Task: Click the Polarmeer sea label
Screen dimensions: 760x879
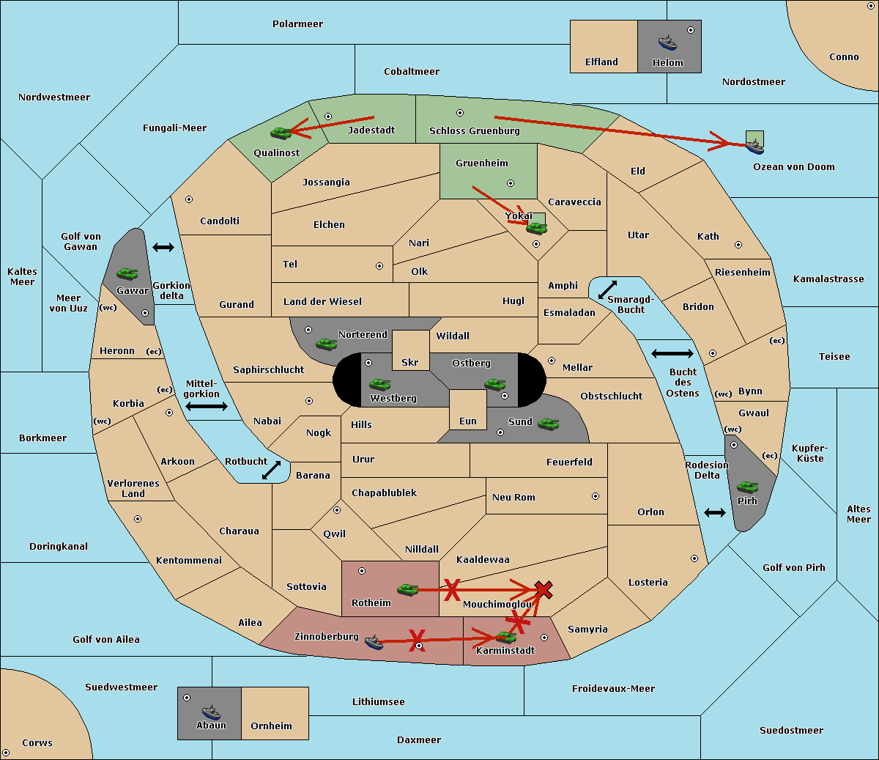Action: point(297,24)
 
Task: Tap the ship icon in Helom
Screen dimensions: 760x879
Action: point(667,43)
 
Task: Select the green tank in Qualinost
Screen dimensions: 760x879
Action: point(281,133)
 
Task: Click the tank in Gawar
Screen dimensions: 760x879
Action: point(127,273)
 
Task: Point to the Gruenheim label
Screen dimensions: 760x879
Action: point(481,163)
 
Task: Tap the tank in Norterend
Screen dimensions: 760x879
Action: point(326,343)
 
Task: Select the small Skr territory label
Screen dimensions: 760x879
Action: point(410,362)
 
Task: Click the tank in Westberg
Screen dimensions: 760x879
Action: point(379,384)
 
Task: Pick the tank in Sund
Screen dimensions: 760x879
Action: point(548,424)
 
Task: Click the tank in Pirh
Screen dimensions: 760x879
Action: point(747,487)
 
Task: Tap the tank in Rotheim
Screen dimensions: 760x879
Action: point(407,589)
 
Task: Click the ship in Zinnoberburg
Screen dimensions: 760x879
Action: point(374,643)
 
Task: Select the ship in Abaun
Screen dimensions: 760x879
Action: point(210,712)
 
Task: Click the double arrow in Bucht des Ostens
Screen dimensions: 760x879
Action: point(672,354)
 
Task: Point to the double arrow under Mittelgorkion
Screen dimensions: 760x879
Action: point(207,407)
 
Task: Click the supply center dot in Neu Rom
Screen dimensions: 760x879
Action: point(596,496)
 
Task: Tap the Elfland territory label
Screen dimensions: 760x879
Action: point(601,62)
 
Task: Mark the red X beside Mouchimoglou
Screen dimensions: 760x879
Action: point(543,589)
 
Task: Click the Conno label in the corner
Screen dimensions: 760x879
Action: point(844,57)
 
